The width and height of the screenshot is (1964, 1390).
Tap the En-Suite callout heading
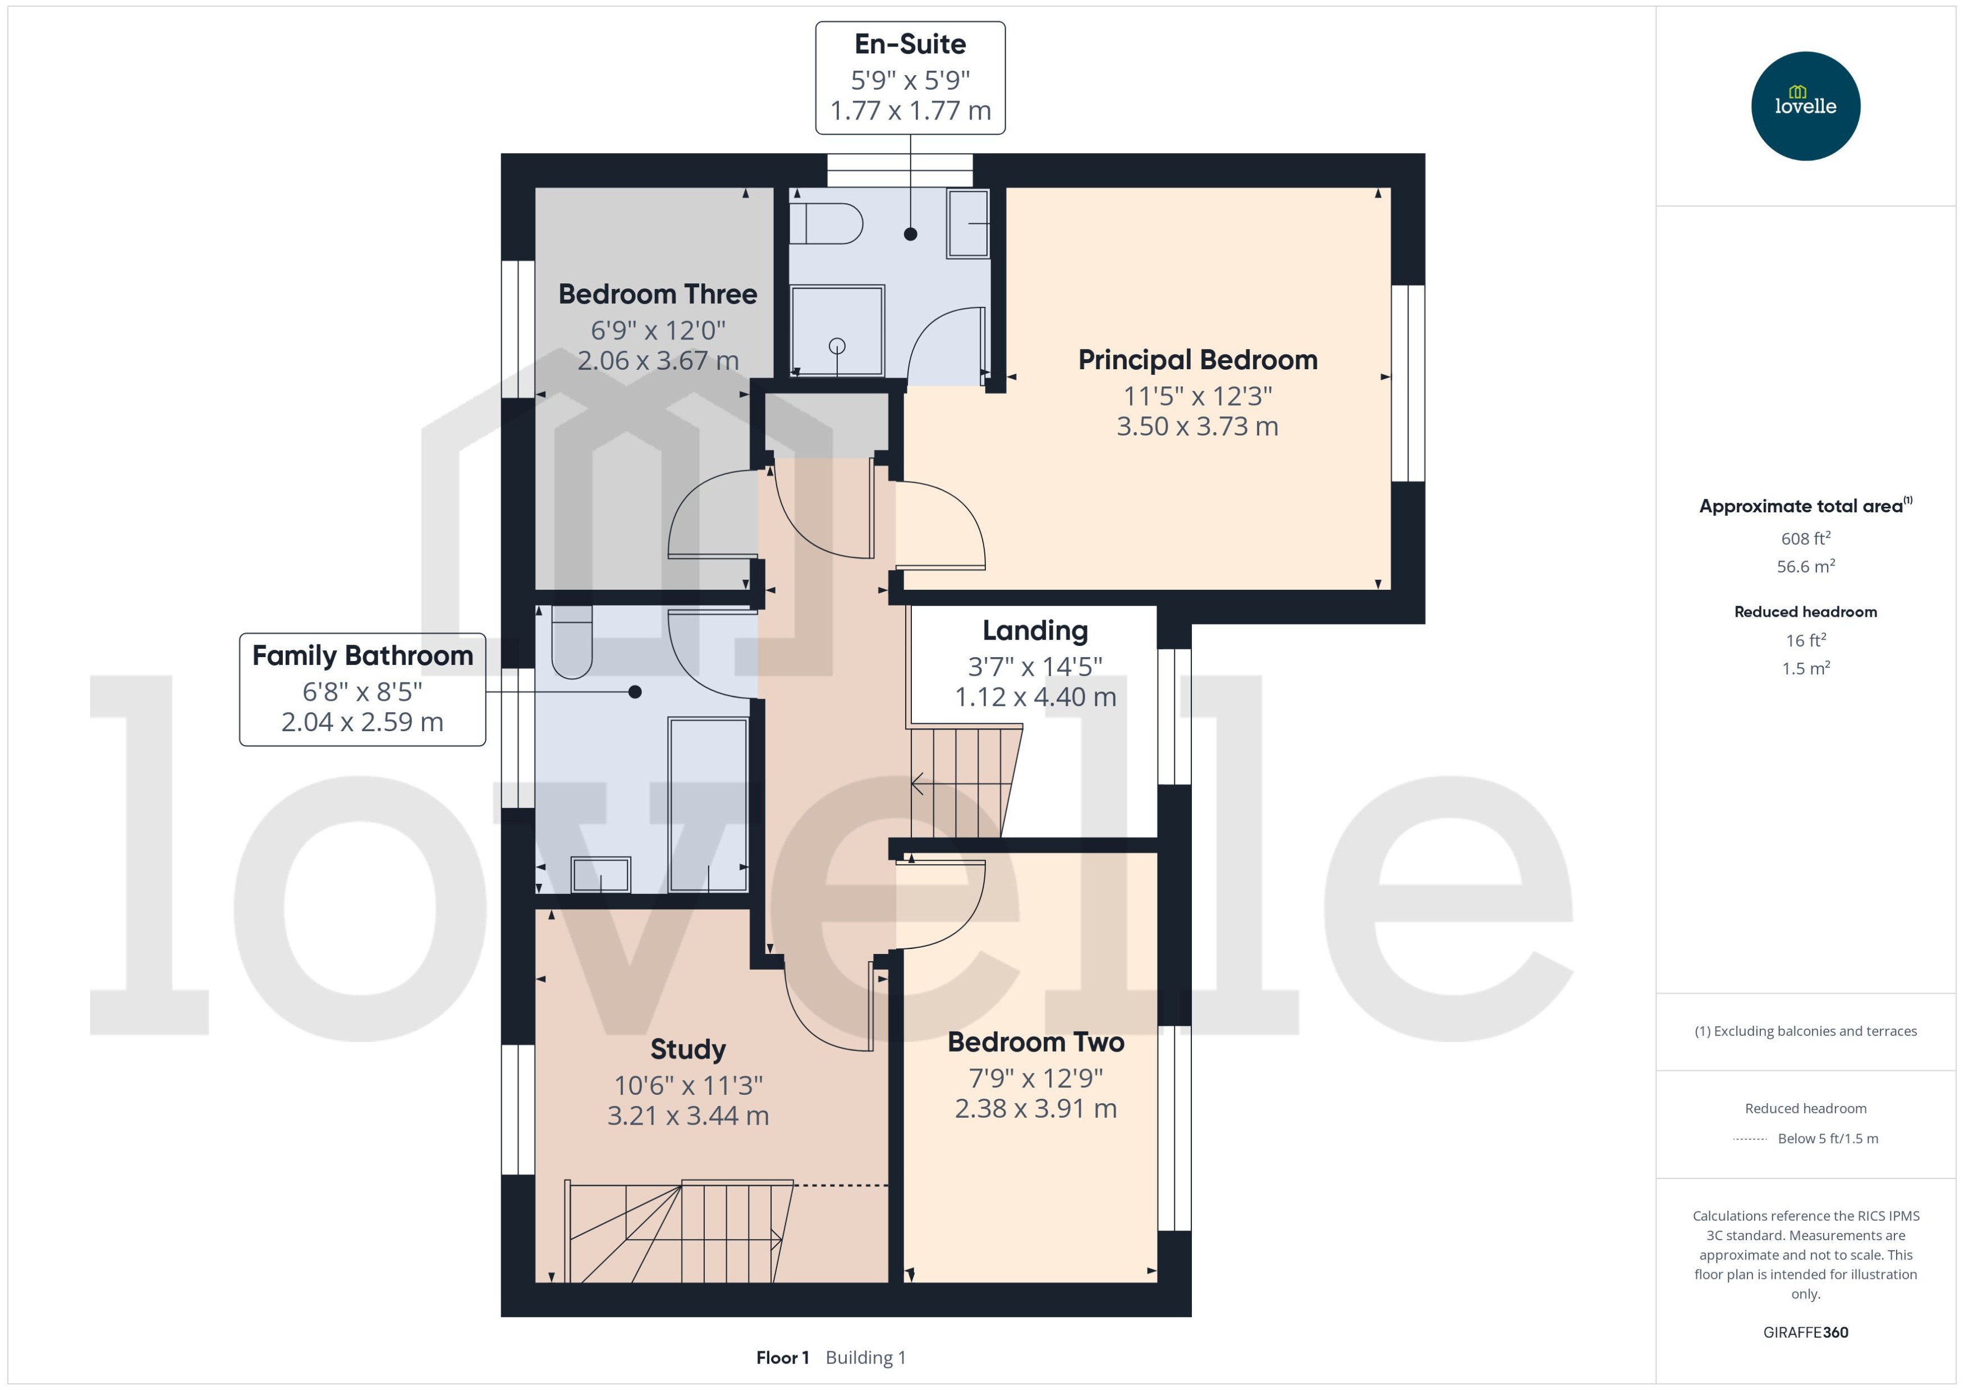point(910,44)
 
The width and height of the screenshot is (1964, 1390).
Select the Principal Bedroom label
point(1197,360)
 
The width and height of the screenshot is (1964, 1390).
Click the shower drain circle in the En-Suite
point(837,346)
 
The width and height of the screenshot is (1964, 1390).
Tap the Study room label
point(687,1049)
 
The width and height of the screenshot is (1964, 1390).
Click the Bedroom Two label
point(1035,1043)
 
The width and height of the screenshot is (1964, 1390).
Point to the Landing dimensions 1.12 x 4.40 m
point(1035,698)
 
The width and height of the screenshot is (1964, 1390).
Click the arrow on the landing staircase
point(918,782)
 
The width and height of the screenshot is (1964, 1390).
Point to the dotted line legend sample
point(1749,1139)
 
